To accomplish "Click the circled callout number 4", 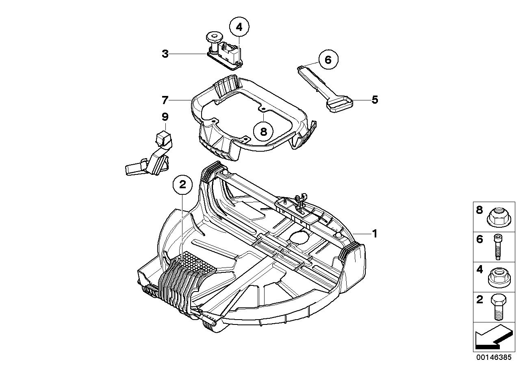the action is click(239, 27).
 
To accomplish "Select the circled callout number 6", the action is click(328, 60).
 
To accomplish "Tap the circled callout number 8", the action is click(263, 131).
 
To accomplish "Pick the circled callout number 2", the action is click(182, 185).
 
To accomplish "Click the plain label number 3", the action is click(165, 54).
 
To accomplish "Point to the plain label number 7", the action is click(165, 100).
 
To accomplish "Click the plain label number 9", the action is click(165, 117).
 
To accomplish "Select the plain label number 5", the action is click(375, 99).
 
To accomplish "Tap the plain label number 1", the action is click(375, 233).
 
